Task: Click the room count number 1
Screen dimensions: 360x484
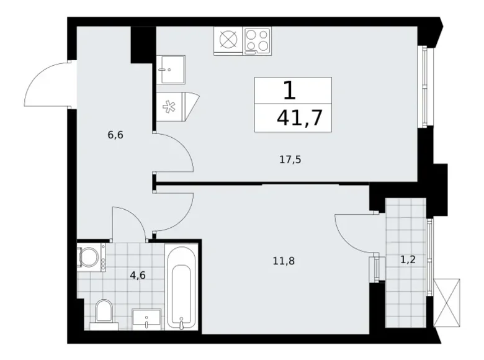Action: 289,91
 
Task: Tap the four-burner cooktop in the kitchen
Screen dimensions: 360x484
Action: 258,41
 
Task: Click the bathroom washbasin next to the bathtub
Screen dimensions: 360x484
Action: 146,320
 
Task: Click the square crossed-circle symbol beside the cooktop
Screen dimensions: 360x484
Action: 228,41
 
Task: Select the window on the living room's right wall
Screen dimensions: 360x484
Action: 426,88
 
